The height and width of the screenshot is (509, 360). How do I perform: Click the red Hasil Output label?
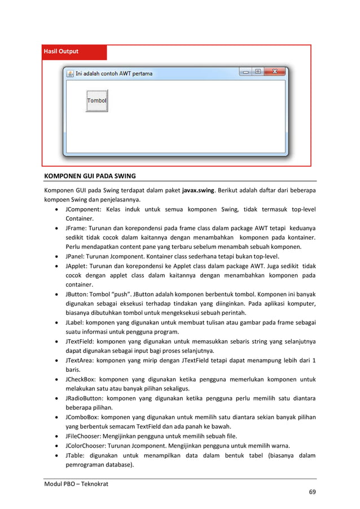pyautogui.click(x=62, y=51)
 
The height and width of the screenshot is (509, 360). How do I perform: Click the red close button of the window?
pyautogui.click(x=275, y=72)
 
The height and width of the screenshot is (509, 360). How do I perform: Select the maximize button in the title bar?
pyautogui.click(x=258, y=72)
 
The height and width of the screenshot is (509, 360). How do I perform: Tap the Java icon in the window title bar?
pyautogui.click(x=71, y=73)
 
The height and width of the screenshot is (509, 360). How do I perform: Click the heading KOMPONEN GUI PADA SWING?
pyautogui.click(x=90, y=175)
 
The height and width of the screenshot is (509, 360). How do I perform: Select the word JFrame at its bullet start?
pyautogui.click(x=76, y=228)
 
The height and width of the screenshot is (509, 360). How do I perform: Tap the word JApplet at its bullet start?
pyautogui.click(x=77, y=266)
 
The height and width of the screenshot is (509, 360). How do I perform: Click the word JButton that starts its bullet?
pyautogui.click(x=77, y=295)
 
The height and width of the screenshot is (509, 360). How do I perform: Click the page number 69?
pyautogui.click(x=312, y=493)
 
